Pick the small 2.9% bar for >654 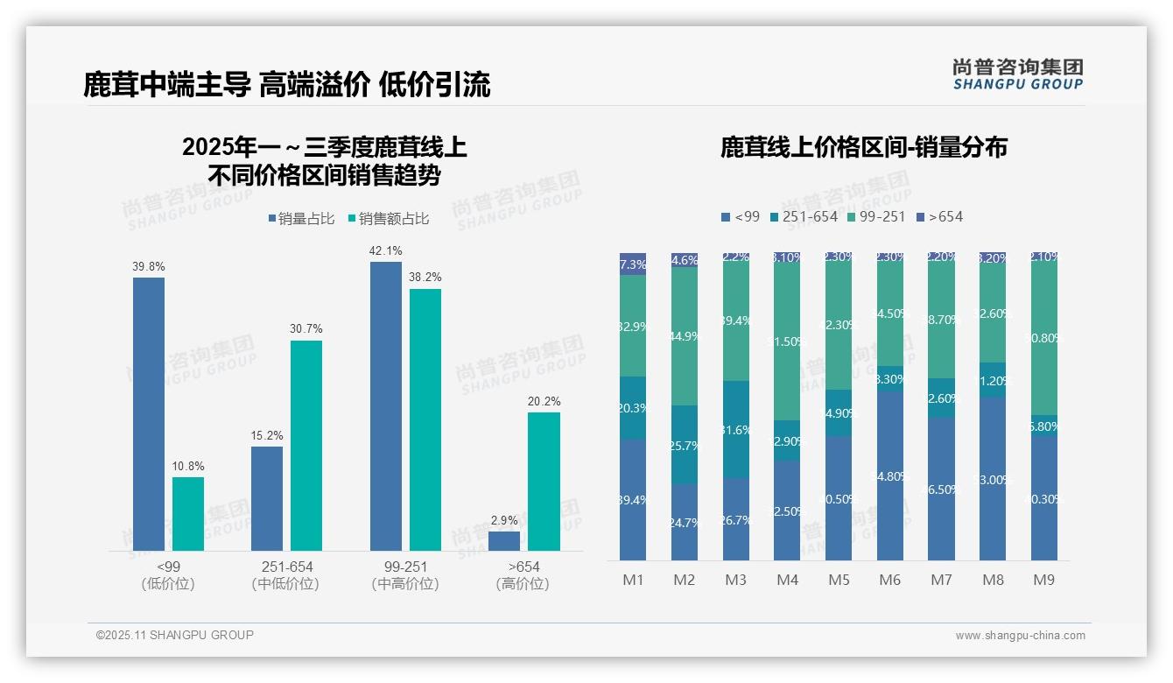504,541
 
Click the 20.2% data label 544,401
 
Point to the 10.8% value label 187,466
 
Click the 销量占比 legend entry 301,219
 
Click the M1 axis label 633,580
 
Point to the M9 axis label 1043,580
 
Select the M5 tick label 839,580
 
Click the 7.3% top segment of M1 633,264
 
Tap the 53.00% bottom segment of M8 993,479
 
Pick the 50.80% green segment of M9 1043,337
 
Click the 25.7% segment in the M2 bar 684,445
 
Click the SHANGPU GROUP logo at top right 1017,74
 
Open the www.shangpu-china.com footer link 1020,636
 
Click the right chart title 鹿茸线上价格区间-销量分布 863,147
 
